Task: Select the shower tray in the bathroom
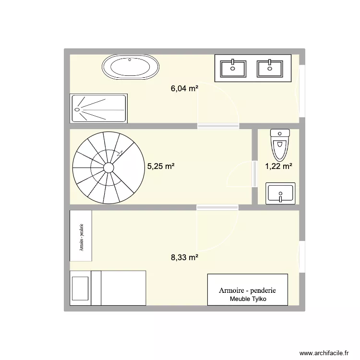[x=99, y=108]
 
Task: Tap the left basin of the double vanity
[x=233, y=68]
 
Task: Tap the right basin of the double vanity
[x=270, y=68]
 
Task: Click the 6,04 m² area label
[x=184, y=88]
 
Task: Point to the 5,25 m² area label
[x=161, y=167]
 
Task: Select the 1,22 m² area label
[x=278, y=166]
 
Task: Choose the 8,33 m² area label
[x=184, y=257]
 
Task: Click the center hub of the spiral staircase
[x=108, y=167]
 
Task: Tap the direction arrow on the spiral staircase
[x=119, y=153]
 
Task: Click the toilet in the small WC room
[x=279, y=144]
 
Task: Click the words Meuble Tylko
[x=248, y=299]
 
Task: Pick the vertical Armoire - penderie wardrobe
[x=81, y=236]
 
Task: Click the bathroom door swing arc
[x=218, y=103]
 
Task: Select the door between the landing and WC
[x=253, y=173]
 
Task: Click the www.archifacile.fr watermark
[x=324, y=353]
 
